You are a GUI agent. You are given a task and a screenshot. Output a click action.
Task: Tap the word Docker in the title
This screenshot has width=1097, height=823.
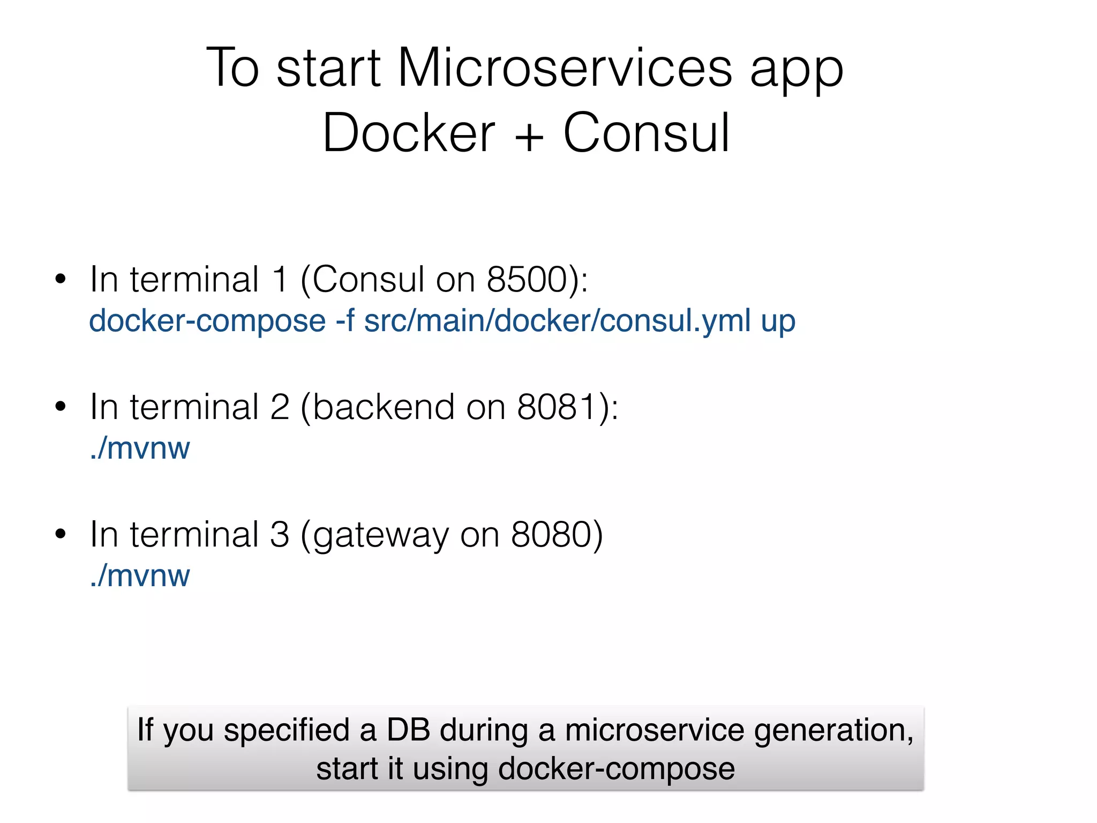[409, 133]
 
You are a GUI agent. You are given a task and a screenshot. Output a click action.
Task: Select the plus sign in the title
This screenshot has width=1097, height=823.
[529, 137]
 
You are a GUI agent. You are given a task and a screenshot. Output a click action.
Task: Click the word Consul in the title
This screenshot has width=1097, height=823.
[647, 133]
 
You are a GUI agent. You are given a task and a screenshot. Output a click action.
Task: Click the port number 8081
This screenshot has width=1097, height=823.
[557, 407]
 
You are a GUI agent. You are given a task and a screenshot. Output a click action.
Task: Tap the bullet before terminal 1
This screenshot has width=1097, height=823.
[61, 279]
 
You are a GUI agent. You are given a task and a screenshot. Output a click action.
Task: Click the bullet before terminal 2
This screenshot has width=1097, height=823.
[61, 407]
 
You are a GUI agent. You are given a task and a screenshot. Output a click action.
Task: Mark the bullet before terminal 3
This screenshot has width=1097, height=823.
[61, 534]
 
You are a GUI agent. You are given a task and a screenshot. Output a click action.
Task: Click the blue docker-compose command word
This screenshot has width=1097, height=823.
[207, 321]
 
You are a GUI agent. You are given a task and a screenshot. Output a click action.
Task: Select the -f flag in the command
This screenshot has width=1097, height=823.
[345, 320]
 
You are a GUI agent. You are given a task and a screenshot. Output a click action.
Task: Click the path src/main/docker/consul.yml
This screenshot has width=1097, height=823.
[557, 321]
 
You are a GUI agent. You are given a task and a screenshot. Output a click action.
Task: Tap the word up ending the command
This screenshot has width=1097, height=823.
[778, 323]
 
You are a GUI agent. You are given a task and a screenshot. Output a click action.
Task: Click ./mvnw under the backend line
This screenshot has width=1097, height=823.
[140, 448]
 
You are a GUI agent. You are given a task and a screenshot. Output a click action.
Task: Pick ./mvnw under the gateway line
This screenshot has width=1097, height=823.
[140, 575]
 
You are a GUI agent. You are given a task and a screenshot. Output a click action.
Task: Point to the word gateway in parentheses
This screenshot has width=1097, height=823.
[380, 536]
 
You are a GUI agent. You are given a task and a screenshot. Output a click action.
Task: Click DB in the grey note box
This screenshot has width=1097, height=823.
[408, 730]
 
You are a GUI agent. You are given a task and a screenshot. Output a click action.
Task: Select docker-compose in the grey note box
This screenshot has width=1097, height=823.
[616, 769]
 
